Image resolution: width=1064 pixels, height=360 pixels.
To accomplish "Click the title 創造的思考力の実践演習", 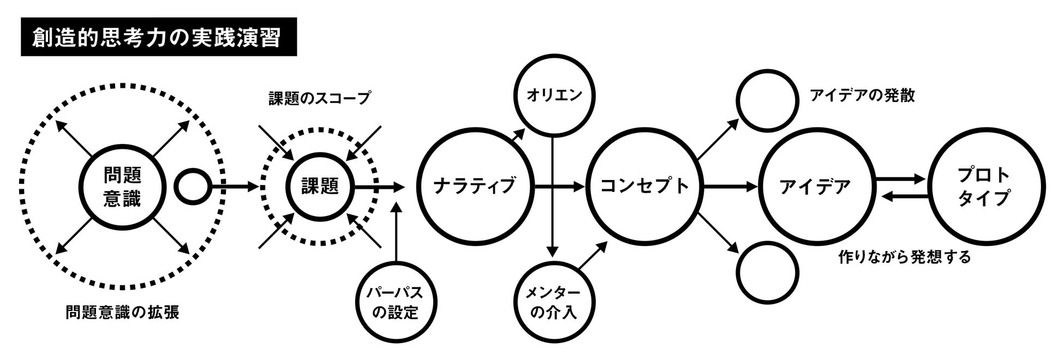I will [158, 37].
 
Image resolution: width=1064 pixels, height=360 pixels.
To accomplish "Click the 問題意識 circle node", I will [122, 187].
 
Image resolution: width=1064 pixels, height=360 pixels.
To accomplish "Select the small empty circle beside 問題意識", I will [192, 187].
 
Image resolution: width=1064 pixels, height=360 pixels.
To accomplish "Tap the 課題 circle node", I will [320, 187].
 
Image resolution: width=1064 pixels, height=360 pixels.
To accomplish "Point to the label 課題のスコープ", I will [319, 99].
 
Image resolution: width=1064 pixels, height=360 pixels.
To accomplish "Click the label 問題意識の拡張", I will [122, 313].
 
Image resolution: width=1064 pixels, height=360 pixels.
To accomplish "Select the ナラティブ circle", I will [474, 187].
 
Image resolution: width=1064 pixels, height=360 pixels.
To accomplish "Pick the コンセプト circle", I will [644, 187].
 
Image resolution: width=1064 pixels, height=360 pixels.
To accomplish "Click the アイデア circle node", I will [815, 187].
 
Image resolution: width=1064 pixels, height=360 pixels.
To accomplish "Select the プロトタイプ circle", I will [988, 187].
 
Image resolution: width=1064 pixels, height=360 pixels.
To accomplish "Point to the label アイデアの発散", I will [862, 96].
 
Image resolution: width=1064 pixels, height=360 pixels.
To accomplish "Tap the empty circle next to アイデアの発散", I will [767, 100].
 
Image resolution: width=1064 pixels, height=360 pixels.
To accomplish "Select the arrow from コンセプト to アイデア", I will [731, 187].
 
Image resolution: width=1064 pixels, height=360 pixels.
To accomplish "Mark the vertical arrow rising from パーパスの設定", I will [397, 235].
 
